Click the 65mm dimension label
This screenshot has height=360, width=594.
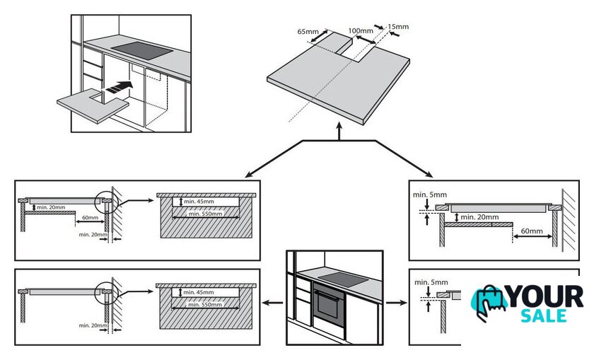tap(307, 32)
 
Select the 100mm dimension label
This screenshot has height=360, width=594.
tap(361, 31)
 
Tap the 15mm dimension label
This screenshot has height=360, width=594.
tap(399, 27)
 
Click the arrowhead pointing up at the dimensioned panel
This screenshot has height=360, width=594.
tap(340, 132)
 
